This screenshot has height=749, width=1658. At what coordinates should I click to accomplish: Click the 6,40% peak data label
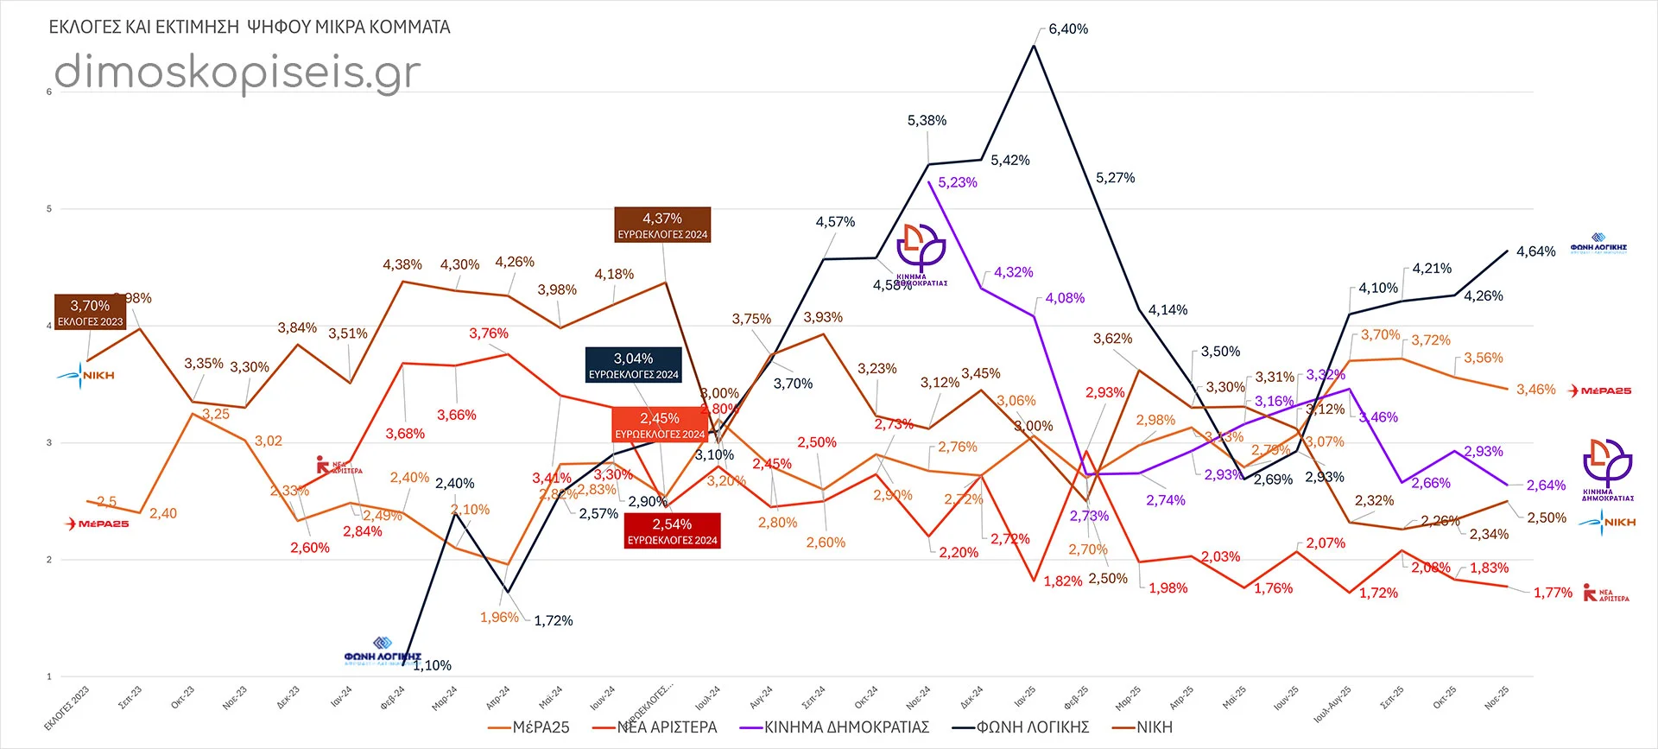pyautogui.click(x=1068, y=29)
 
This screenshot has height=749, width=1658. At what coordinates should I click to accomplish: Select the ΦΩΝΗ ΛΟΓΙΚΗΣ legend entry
pyautogui.click(x=1032, y=727)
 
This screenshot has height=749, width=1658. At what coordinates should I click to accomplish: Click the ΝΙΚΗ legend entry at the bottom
pyautogui.click(x=1154, y=727)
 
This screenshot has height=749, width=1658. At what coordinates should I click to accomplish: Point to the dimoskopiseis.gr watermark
pyautogui.click(x=237, y=72)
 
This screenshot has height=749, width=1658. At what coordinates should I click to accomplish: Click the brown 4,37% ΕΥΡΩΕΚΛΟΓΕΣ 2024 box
pyautogui.click(x=662, y=225)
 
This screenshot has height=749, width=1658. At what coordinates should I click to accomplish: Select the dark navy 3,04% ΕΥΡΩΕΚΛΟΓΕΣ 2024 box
pyautogui.click(x=634, y=365)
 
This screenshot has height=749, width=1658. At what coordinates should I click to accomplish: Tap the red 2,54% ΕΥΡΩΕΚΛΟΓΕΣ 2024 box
pyautogui.click(x=672, y=530)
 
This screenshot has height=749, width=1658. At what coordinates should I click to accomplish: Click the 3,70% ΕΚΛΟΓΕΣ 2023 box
pyautogui.click(x=90, y=312)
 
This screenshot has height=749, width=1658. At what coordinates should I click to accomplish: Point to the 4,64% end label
pyautogui.click(x=1535, y=252)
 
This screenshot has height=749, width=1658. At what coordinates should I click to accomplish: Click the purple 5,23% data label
pyautogui.click(x=958, y=183)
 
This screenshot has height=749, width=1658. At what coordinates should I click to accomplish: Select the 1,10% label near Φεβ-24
pyautogui.click(x=432, y=665)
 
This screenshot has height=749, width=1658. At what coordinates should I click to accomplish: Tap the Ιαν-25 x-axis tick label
pyautogui.click(x=1024, y=696)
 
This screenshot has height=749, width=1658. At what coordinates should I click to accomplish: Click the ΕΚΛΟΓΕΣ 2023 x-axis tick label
pyautogui.click(x=67, y=708)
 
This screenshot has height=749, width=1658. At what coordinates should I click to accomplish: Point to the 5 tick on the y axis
pyautogui.click(x=49, y=209)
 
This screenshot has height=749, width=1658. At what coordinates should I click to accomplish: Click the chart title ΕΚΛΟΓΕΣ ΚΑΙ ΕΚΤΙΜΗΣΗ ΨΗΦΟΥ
pyautogui.click(x=250, y=28)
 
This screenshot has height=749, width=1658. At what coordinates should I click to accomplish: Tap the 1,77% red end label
pyautogui.click(x=1553, y=593)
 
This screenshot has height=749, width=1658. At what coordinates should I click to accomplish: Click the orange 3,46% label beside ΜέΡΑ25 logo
pyautogui.click(x=1535, y=390)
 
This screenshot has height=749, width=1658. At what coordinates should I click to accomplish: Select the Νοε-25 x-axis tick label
pyautogui.click(x=1496, y=698)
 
